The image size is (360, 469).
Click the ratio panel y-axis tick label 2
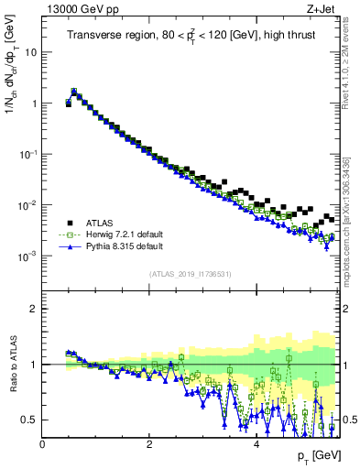tap(33, 309)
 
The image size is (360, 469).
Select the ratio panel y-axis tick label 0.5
tap(29, 420)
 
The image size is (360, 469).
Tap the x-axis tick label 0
tap(42, 443)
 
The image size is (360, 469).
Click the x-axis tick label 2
tap(149, 443)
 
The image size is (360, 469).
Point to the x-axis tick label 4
tap(256, 443)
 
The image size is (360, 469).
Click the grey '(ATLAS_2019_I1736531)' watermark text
tap(190, 273)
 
